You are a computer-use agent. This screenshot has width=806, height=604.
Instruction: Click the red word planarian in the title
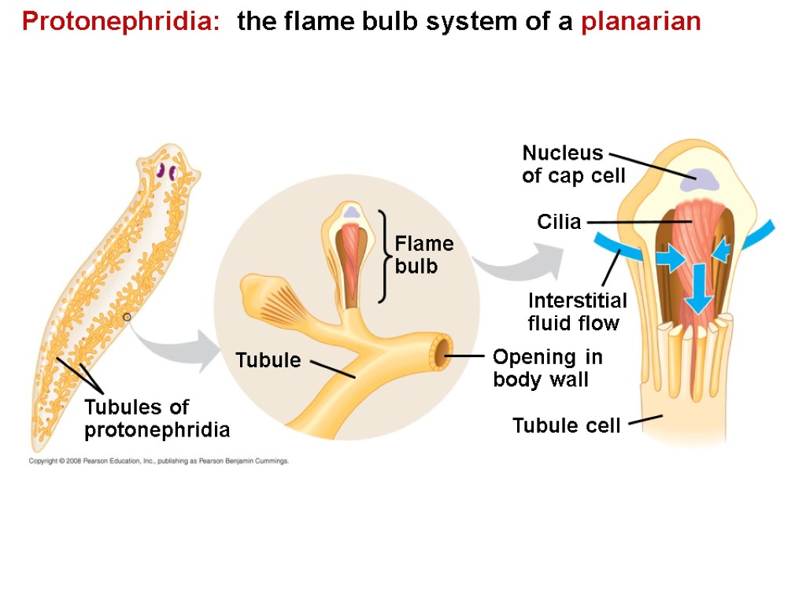641,22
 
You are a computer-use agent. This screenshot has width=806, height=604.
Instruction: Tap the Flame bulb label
423,255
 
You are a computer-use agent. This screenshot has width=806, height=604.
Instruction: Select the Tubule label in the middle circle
268,360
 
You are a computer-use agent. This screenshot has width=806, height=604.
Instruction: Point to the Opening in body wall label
547,368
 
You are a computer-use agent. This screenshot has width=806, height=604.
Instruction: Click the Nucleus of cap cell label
573,164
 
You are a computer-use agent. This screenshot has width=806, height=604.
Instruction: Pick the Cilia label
559,222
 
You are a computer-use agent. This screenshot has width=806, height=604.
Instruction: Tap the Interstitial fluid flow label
577,311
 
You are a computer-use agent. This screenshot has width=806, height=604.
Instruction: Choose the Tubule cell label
566,425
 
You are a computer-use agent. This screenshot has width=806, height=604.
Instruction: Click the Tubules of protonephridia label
157,418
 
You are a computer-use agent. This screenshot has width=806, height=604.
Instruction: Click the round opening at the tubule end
441,353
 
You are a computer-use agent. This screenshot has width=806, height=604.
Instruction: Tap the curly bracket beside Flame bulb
383,256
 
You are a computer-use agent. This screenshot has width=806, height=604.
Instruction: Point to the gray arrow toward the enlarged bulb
519,263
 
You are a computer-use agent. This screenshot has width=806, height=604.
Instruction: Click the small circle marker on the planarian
127,317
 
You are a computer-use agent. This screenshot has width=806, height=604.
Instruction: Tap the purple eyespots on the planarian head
165,171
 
